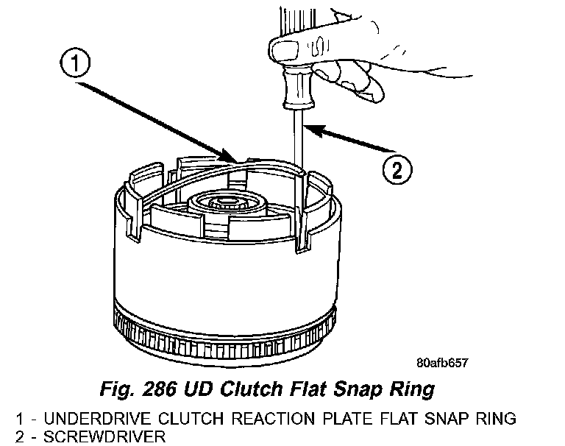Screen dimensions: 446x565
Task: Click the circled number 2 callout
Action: tap(395, 170)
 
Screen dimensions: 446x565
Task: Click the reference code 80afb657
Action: tap(442, 363)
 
